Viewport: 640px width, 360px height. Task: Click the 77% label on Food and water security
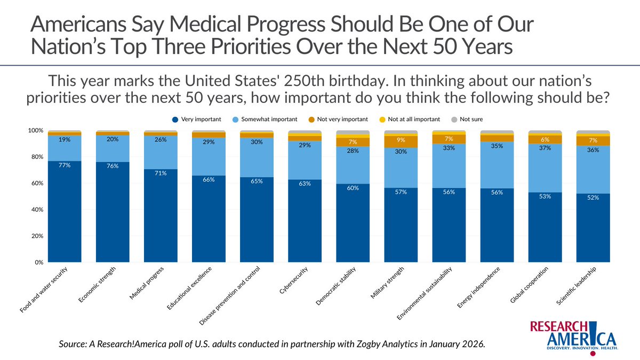point(64,165)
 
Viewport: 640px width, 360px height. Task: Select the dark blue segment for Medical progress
point(161,219)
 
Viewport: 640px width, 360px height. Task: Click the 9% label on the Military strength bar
point(401,141)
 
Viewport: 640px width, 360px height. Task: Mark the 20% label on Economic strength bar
point(112,140)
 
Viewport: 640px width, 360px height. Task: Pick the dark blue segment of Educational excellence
point(209,221)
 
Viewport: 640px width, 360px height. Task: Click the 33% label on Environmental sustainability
point(449,148)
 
